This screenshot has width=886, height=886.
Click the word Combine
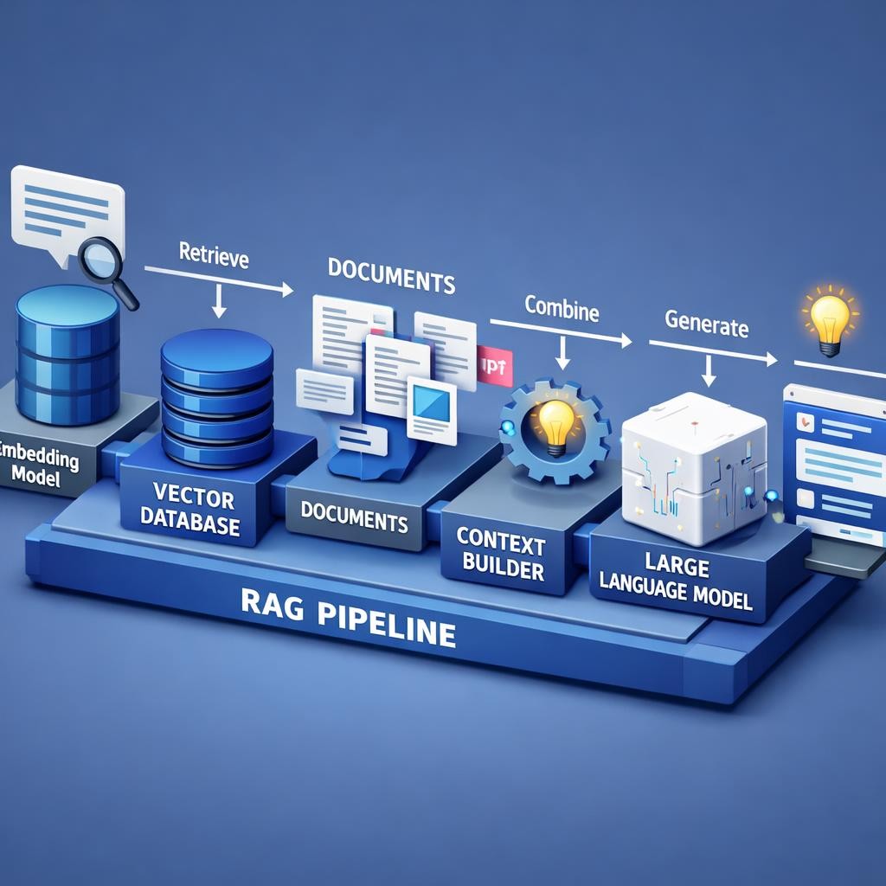click(x=562, y=310)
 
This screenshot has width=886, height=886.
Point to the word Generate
click(x=706, y=326)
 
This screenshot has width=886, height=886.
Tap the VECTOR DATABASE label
click(x=194, y=510)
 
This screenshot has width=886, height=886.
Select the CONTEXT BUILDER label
click(x=501, y=558)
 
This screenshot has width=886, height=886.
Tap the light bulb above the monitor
click(x=829, y=319)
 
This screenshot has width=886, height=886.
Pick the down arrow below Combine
click(x=563, y=351)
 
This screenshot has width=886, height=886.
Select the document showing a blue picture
click(x=431, y=408)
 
